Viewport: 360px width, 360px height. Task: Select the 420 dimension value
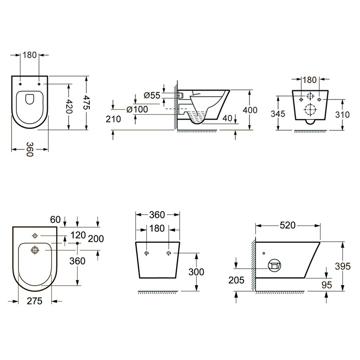69,106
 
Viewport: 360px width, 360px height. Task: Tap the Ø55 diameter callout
152,95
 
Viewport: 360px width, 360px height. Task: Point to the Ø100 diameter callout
137,109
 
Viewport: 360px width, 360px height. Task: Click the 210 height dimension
113,119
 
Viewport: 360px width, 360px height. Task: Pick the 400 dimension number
250,110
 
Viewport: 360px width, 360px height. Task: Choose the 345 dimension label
278,114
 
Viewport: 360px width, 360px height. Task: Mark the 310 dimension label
342,114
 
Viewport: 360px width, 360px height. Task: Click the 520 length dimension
288,226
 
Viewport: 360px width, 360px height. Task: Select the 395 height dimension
343,266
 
